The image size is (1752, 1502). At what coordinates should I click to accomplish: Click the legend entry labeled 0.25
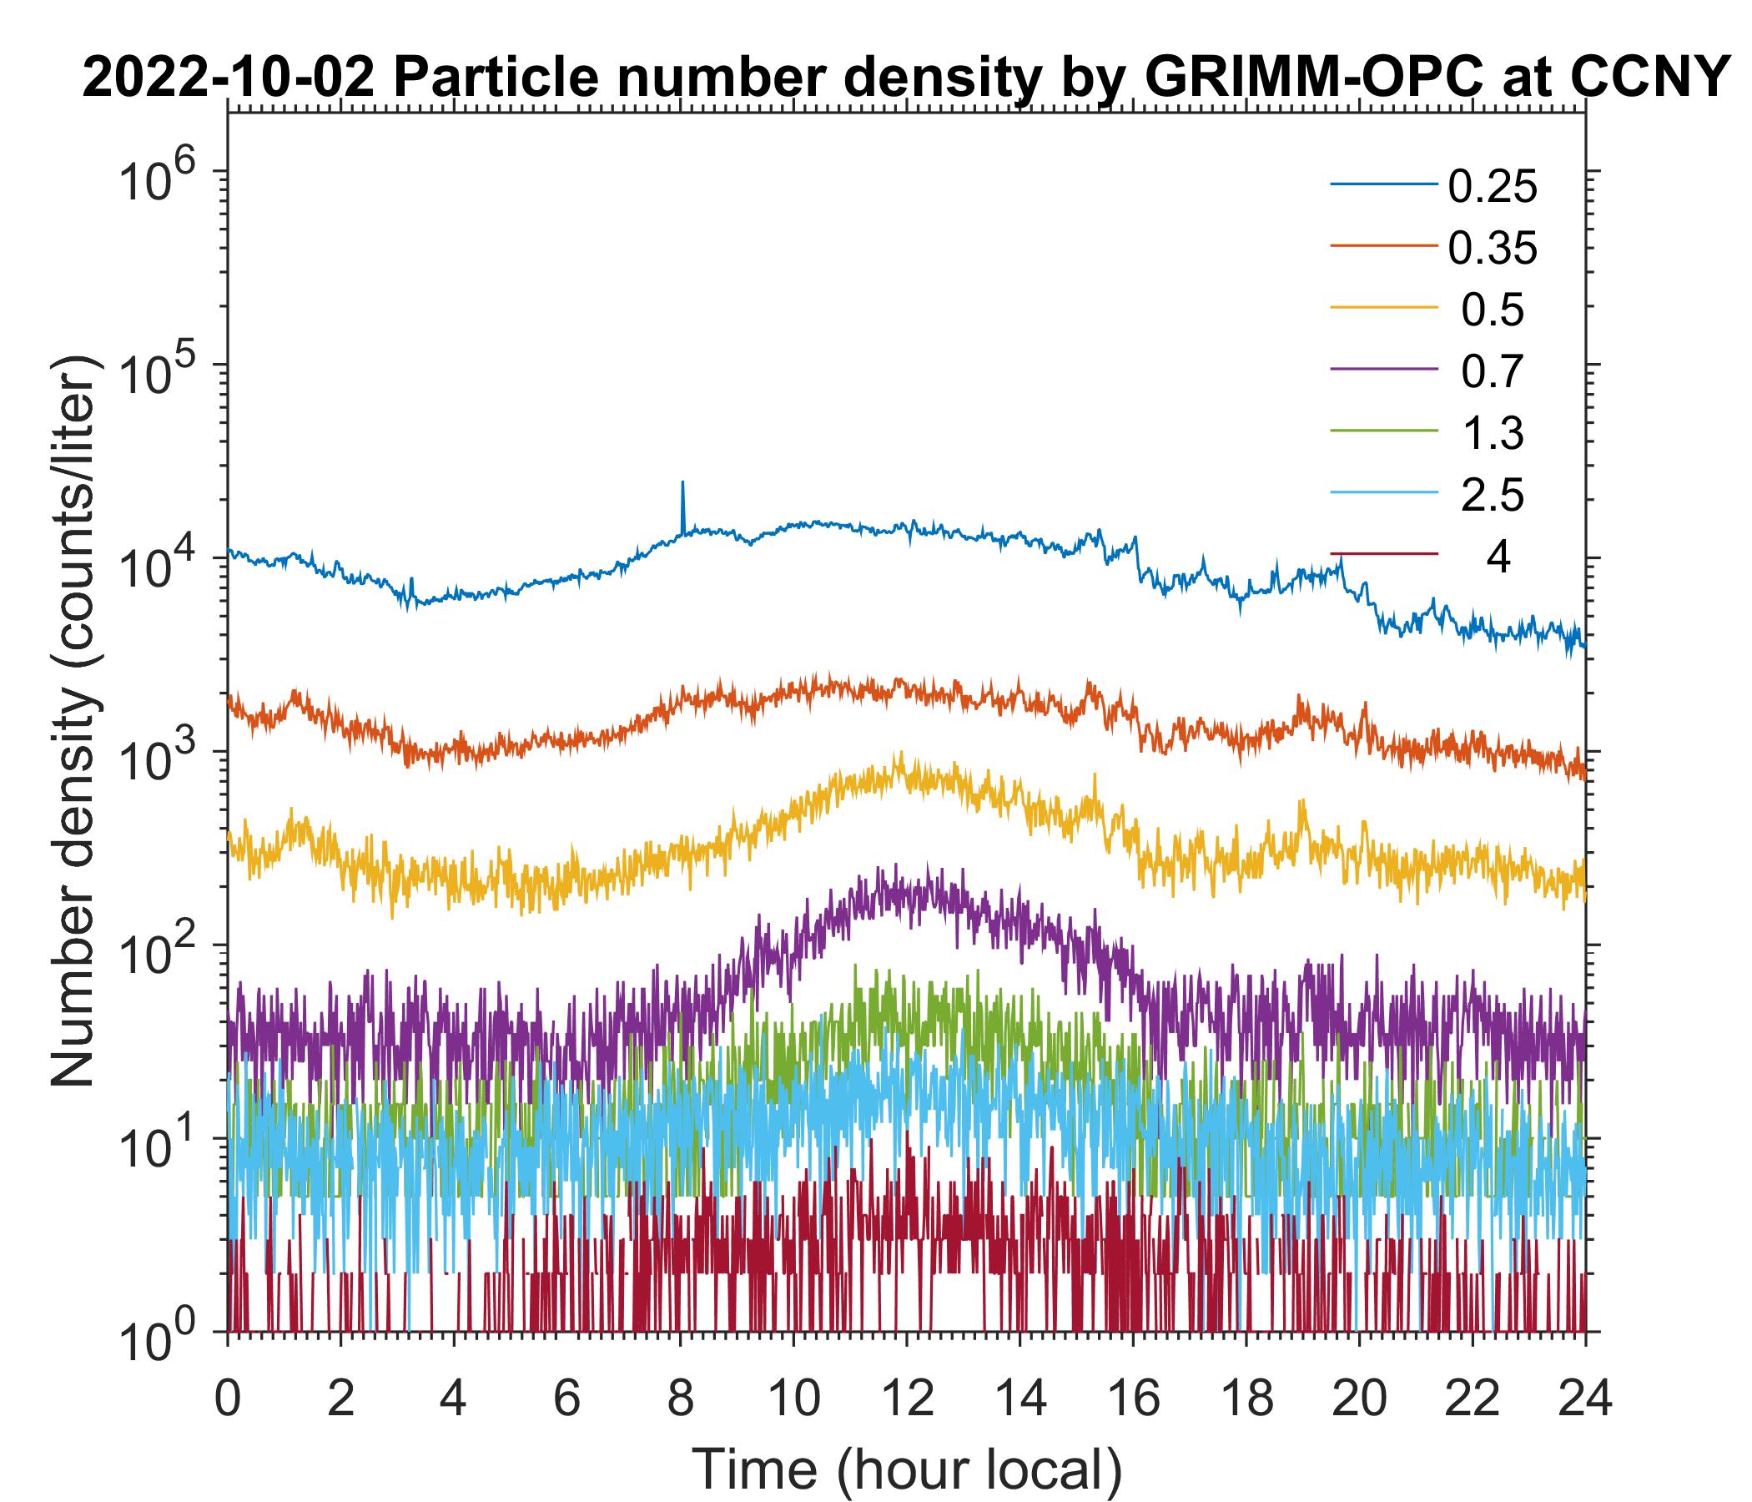[x=1492, y=187]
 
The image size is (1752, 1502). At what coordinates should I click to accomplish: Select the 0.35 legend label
[x=1492, y=249]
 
